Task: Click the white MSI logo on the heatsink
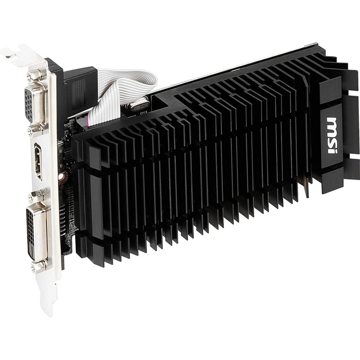(x=332, y=135)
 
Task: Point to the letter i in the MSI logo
(x=331, y=149)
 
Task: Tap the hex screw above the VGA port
(x=34, y=75)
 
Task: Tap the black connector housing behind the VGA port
(x=79, y=90)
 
